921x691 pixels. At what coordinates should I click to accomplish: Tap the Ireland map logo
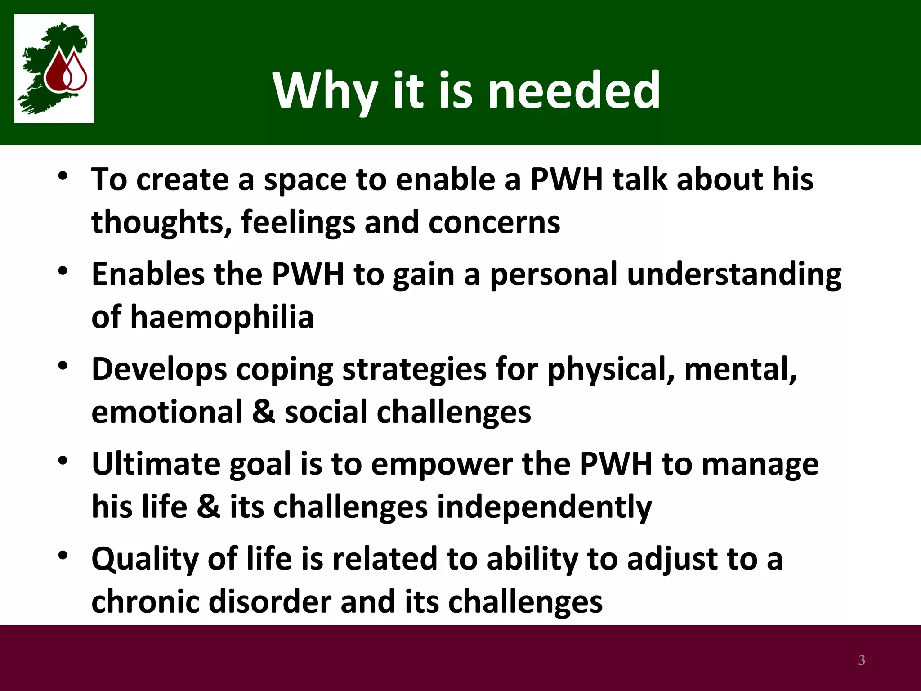point(54,68)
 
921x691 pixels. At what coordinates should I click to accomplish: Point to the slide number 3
point(861,660)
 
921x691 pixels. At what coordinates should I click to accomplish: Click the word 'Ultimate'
point(156,464)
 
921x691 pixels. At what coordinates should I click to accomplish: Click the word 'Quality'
point(145,559)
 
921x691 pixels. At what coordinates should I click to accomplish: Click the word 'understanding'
point(734,274)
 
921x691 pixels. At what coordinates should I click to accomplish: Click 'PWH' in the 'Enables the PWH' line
point(308,274)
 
